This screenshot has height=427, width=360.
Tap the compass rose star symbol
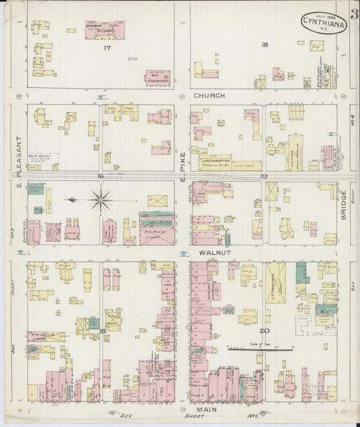(x=101, y=199)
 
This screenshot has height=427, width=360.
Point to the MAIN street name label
(x=206, y=409)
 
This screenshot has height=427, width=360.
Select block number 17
(x=107, y=48)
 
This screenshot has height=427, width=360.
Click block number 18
(x=265, y=45)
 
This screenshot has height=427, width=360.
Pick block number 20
(x=265, y=330)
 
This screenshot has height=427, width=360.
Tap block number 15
(x=103, y=330)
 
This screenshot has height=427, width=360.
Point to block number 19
(x=264, y=176)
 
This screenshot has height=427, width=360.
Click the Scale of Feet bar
(x=260, y=349)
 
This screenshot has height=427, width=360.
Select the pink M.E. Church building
(x=157, y=77)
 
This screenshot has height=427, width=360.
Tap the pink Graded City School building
(x=105, y=30)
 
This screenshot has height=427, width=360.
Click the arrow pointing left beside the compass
(x=72, y=199)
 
